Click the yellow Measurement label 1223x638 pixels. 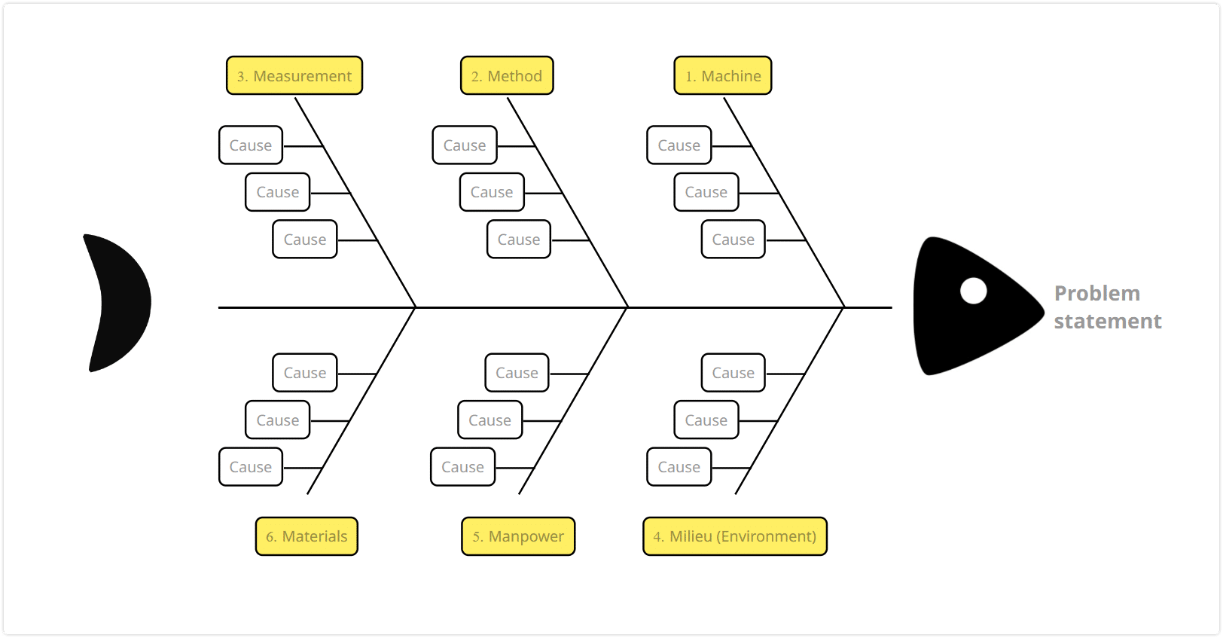[x=294, y=75]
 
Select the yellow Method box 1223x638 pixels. [x=507, y=75]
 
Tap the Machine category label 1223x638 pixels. [x=723, y=75]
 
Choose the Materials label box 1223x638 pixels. [x=307, y=536]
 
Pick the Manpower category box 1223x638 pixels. [x=518, y=536]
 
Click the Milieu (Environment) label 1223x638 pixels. [x=735, y=536]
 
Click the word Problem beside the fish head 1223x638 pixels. [x=1097, y=294]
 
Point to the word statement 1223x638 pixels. [x=1107, y=322]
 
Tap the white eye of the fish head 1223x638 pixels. [x=974, y=291]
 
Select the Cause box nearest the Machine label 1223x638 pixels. [x=679, y=145]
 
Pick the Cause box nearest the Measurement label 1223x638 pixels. [x=251, y=145]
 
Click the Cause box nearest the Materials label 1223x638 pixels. [x=251, y=467]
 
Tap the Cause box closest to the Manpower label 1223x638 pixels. [x=462, y=467]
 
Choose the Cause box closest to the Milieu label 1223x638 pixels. [x=679, y=467]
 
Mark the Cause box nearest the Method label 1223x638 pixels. [x=465, y=145]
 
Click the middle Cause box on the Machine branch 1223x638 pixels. [x=706, y=192]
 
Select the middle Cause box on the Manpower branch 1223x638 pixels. [x=490, y=420]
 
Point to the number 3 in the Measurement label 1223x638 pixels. [x=241, y=77]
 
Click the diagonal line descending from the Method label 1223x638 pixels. [x=567, y=203]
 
